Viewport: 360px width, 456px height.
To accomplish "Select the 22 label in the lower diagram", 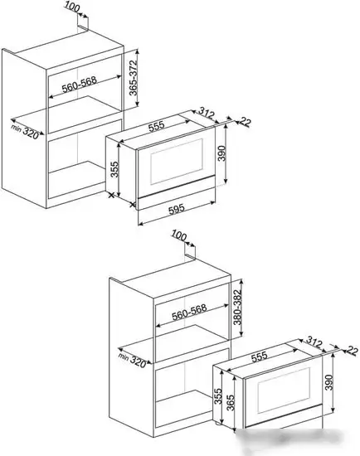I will (352, 352).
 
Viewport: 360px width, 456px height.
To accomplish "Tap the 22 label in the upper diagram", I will (245, 123).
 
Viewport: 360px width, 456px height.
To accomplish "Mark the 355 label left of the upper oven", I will (116, 168).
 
